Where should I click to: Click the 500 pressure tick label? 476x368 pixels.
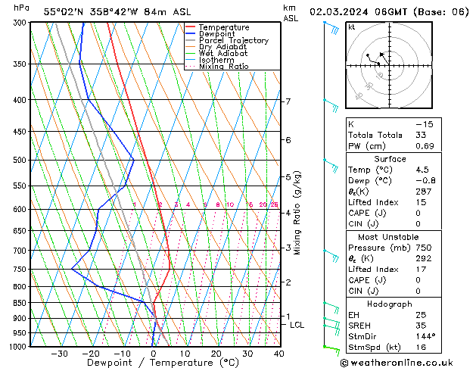(x=20, y=161)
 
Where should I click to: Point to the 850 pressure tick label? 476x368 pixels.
(x=20, y=303)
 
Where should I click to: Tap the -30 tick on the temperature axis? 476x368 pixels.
(x=59, y=353)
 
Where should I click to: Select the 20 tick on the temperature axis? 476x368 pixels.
(x=216, y=353)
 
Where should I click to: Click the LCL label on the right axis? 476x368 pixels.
(x=297, y=325)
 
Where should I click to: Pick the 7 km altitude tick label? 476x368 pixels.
(x=288, y=101)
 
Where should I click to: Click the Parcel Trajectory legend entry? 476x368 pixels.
(x=233, y=41)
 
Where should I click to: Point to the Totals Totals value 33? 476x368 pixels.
(x=421, y=135)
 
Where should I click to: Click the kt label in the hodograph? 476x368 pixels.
(x=352, y=27)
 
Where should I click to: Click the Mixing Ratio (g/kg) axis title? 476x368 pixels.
(x=297, y=213)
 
